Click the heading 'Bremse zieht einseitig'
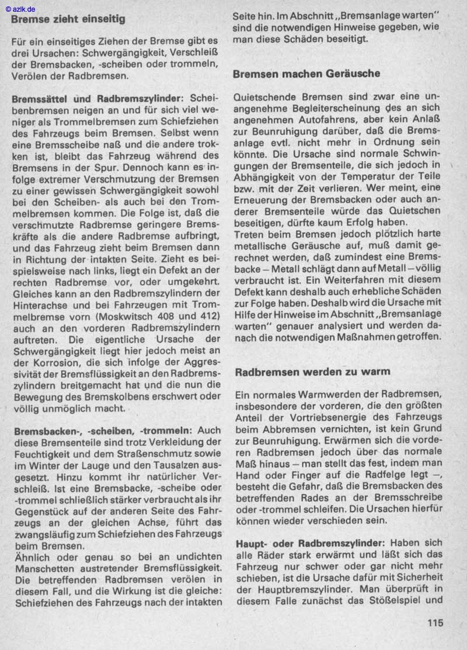(x=68, y=19)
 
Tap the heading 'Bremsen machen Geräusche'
(x=306, y=74)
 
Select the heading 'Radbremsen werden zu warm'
(x=312, y=371)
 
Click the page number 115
(x=435, y=623)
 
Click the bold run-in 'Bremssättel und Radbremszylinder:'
(x=97, y=99)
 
